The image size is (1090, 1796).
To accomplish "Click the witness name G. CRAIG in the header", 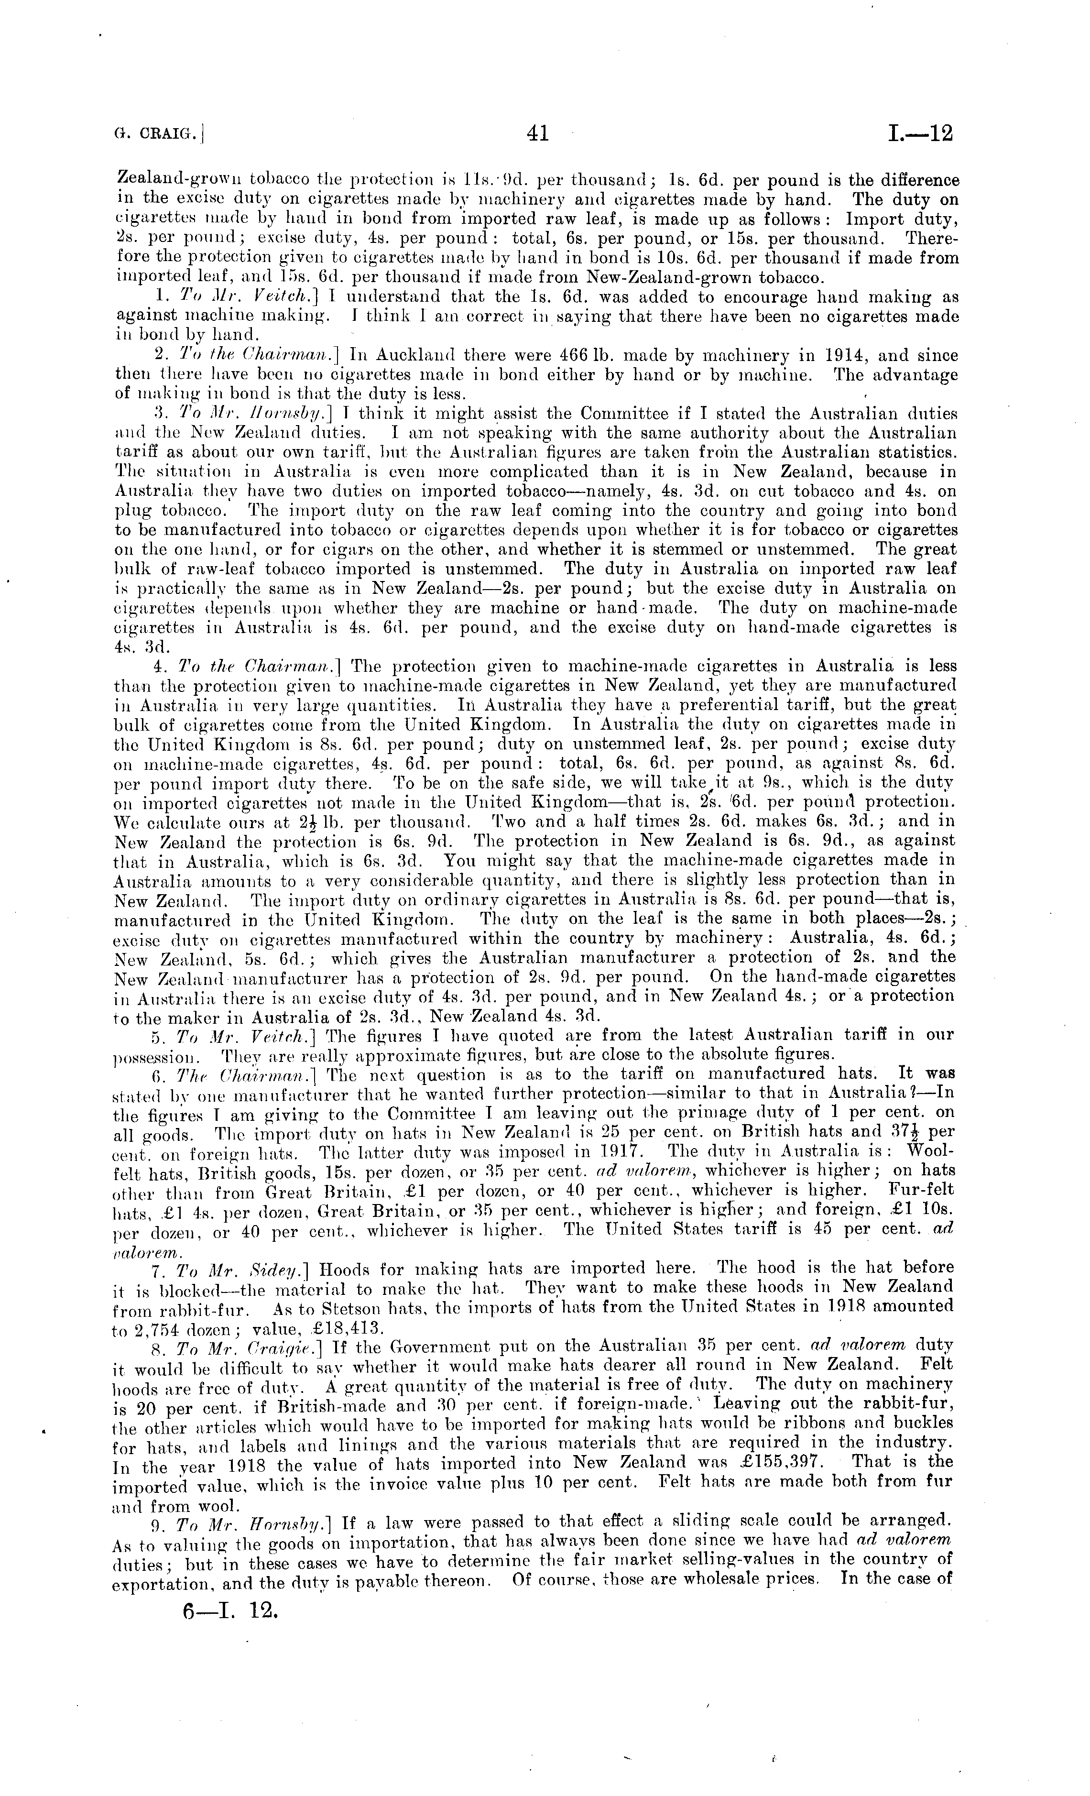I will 159,134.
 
